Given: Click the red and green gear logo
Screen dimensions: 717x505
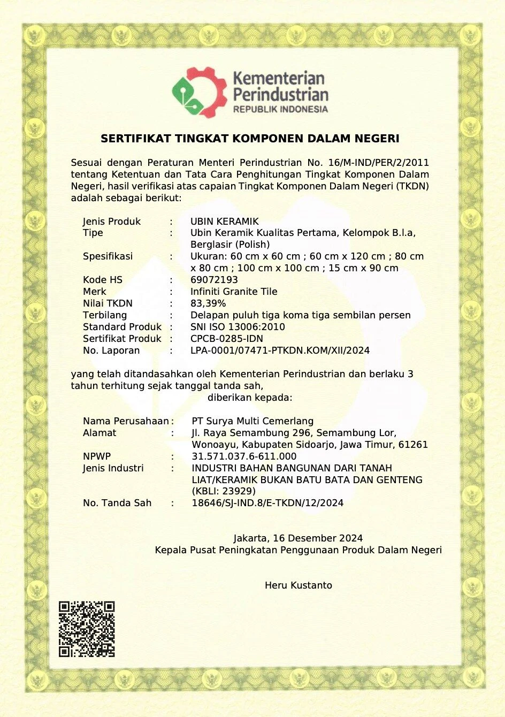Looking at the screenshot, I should point(199,92).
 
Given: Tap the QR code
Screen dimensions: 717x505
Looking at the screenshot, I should point(87,629).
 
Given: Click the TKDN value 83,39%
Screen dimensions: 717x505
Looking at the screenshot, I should point(208,303).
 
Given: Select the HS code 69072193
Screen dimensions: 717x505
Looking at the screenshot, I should point(214,280).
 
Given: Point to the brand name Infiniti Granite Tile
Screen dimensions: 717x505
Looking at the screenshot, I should point(234,292).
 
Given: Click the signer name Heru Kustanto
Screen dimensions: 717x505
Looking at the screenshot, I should point(298,585).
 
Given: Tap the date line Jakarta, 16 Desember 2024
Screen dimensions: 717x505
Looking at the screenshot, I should point(298,538).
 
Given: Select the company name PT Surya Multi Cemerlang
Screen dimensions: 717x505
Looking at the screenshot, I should point(252,421).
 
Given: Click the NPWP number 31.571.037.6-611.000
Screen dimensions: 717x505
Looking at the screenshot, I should point(244,456).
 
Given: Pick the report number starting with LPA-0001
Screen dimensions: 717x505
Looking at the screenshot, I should point(280,350).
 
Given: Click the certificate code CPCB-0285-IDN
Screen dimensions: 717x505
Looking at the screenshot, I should point(227,339).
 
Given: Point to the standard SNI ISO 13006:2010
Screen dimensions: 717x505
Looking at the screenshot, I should point(238,327).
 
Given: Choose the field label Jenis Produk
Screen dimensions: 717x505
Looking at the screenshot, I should point(112,222).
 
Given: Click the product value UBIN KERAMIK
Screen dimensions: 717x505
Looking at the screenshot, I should point(225,222).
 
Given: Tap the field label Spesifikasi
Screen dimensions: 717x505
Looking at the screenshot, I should point(108,256).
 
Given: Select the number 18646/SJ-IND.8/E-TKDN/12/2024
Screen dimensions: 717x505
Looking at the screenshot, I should point(267,503).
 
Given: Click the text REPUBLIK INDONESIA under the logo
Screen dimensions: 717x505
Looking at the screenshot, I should point(280,109).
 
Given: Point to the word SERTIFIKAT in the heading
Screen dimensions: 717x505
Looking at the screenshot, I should point(136,139).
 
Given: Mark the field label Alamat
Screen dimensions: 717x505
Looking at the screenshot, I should point(100,433).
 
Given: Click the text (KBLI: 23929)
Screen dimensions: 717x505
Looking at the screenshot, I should point(224,491).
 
